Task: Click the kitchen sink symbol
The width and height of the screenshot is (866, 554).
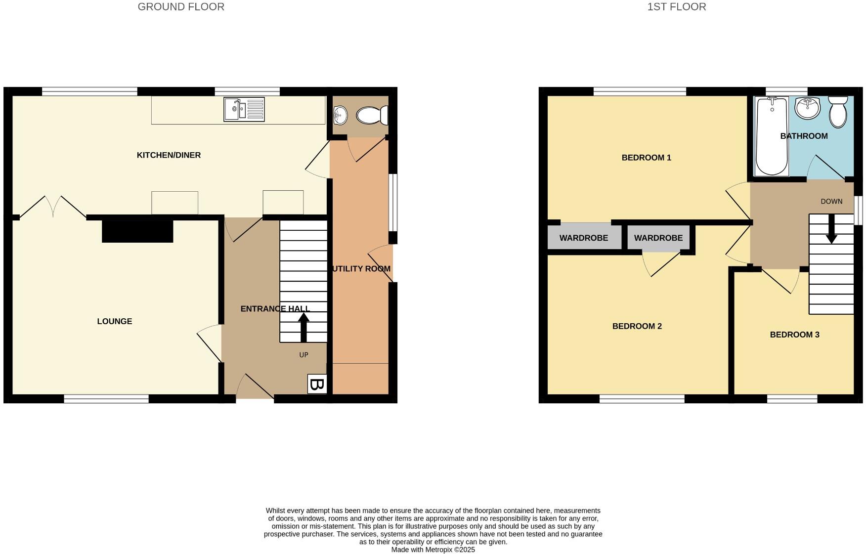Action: point(244,109)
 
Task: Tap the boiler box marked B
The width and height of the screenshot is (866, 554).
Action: point(317,384)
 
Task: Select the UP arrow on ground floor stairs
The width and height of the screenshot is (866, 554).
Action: point(303,328)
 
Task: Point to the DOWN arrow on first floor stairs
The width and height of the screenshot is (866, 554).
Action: point(831,229)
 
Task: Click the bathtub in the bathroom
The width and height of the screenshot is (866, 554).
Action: point(771,136)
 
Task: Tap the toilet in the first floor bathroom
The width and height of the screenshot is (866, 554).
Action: point(838,112)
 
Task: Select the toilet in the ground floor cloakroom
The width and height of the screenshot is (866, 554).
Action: point(371,116)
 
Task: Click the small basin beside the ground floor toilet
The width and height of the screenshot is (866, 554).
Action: point(340,116)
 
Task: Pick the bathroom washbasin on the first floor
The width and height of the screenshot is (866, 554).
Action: point(807,108)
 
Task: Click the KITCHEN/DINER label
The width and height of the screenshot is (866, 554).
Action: point(169,155)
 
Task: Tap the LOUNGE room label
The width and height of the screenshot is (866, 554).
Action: point(114,321)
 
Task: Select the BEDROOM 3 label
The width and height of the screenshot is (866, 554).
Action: point(794,335)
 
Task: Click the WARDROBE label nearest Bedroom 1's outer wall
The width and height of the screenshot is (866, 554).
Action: point(583,238)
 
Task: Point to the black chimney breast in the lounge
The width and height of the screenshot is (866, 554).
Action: point(137,231)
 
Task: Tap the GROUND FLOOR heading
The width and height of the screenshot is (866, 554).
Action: point(181,7)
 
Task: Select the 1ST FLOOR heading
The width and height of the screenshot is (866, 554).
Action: point(676,7)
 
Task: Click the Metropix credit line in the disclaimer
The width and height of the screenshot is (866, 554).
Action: point(433,550)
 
